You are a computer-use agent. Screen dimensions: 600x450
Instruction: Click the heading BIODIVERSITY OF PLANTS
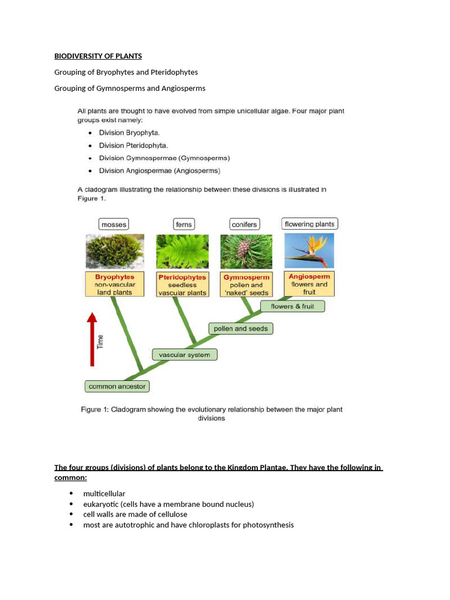coord(98,56)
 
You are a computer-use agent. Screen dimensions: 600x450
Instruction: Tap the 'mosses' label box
coord(113,224)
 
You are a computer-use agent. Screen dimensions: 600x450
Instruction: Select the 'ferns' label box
coord(183,224)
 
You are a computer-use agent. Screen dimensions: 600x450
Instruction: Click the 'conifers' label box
coord(244,224)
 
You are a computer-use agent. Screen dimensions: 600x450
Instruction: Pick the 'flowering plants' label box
coord(309,224)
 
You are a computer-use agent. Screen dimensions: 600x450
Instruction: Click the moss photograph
coord(114,251)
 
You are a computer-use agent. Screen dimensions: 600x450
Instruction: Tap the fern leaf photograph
coord(182,251)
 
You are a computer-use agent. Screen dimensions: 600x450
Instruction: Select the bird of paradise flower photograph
coord(309,251)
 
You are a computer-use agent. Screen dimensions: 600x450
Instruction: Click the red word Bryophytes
coord(114,277)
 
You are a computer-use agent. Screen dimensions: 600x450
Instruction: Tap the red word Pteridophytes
coord(182,277)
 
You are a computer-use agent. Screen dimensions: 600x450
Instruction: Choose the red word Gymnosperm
coord(246,277)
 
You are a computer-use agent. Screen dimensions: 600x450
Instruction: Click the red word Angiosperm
coord(309,277)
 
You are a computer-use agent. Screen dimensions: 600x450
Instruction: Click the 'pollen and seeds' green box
coord(240,329)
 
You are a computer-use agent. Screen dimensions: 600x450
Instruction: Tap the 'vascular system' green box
coord(185,354)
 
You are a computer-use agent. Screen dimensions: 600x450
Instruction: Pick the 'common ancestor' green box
coord(117,386)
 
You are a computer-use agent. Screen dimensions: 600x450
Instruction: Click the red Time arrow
coord(91,340)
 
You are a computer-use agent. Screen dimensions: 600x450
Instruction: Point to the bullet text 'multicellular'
coord(104,494)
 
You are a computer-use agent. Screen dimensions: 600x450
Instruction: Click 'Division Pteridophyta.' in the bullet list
coord(129,145)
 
